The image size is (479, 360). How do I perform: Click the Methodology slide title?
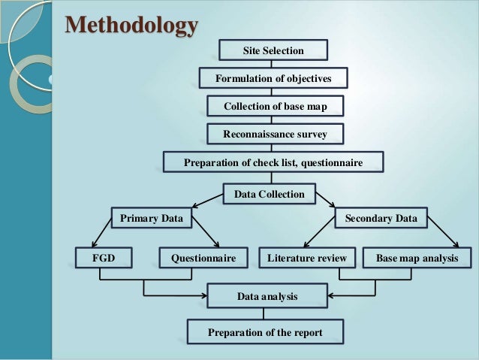pyautogui.click(x=131, y=25)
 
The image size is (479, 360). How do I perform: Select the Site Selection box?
pyautogui.click(x=273, y=50)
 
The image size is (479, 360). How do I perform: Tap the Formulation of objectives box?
pyautogui.click(x=273, y=78)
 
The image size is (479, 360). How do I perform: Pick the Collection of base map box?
pyautogui.click(x=275, y=106)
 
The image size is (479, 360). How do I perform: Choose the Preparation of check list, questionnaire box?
pyautogui.click(x=273, y=162)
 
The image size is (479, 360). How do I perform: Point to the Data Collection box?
pyautogui.click(x=269, y=194)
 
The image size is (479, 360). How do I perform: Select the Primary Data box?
pyautogui.click(x=151, y=218)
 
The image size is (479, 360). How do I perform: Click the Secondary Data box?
pyautogui.click(x=381, y=218)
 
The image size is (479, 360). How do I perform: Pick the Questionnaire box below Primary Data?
pyautogui.click(x=203, y=258)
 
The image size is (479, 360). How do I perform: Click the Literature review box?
pyautogui.click(x=306, y=258)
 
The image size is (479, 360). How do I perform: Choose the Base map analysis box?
pyautogui.click(x=417, y=258)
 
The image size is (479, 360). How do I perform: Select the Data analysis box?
pyautogui.click(x=267, y=297)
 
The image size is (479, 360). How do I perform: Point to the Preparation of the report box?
pyautogui.click(x=265, y=332)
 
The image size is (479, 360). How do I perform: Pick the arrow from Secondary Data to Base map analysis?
pyautogui.click(x=443, y=236)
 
